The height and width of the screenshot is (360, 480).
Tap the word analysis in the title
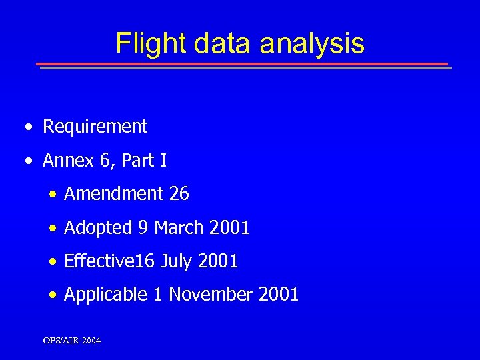coord(312,43)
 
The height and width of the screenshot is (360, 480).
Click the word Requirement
coord(95,126)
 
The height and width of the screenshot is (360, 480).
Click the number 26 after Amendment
coord(179,194)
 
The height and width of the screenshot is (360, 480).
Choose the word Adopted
coord(98,228)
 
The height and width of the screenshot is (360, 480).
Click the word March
coord(179,228)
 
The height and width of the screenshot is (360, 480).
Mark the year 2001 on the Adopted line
coord(229,228)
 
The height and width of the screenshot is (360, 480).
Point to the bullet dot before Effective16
coord(53,262)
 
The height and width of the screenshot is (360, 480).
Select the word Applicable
coord(105,294)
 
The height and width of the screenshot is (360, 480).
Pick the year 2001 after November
coord(279,294)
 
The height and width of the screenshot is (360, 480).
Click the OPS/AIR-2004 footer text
coord(72,341)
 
